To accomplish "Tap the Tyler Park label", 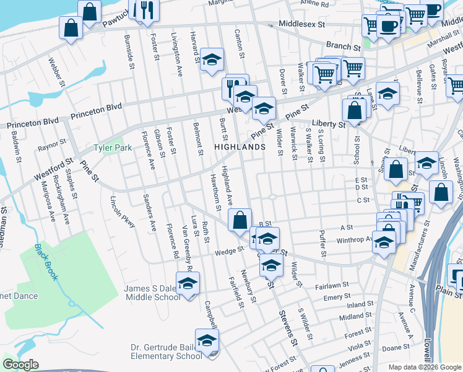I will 113,148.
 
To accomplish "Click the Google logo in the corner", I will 20,365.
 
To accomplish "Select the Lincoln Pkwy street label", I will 123,212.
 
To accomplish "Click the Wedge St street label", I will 229,252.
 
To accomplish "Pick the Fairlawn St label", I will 332,286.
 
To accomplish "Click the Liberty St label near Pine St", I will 329,124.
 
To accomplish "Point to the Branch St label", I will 344,46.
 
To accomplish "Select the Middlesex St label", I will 302,24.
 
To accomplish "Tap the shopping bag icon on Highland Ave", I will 240,219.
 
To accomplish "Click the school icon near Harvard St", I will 212,60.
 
